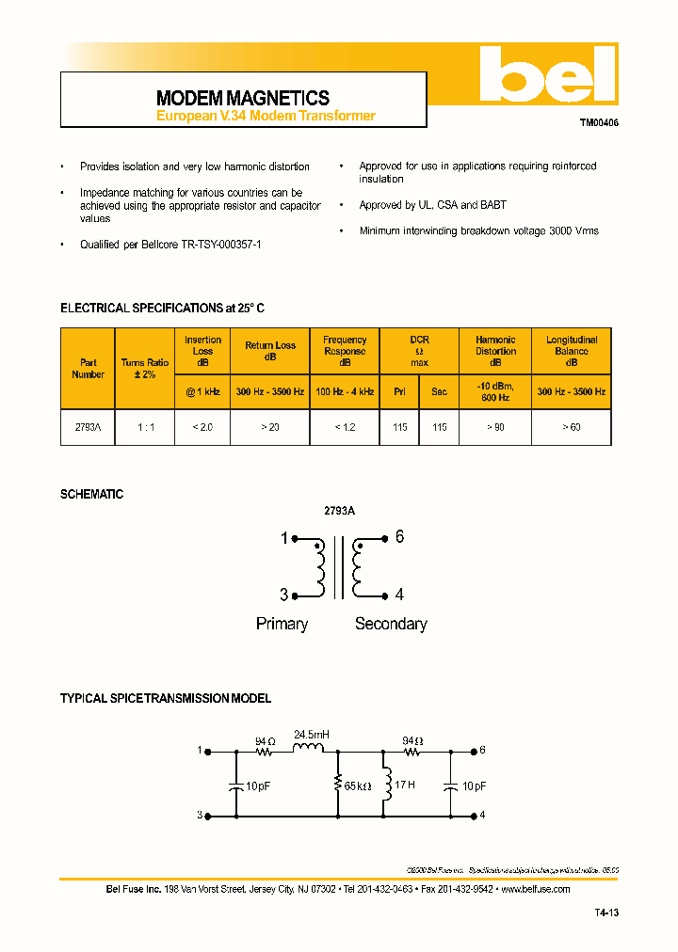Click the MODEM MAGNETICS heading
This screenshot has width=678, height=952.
242,98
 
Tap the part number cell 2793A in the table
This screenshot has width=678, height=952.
88,427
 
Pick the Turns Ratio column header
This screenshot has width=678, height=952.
145,368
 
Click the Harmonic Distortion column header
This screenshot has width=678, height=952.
495,345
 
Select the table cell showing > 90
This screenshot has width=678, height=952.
495,427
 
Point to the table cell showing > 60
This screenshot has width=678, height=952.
572,427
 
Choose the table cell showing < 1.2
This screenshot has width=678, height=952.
345,427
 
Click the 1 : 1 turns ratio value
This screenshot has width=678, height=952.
145,427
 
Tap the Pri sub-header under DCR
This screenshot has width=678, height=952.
400,391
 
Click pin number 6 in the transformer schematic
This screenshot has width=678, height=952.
399,537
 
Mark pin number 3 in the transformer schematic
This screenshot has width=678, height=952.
283,595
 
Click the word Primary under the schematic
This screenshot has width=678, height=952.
282,624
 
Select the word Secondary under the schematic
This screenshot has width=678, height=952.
391,624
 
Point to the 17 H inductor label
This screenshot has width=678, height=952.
405,785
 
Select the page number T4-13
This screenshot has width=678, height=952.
606,912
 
